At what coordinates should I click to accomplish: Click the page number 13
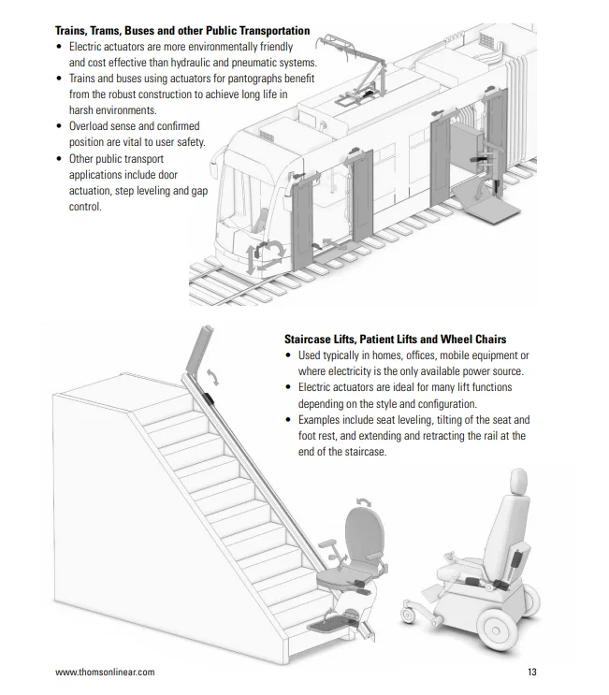point(532,672)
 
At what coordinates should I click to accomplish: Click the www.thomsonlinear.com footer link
point(105,672)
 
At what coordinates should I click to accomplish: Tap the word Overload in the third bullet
point(88,126)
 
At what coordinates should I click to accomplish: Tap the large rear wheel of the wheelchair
point(499,630)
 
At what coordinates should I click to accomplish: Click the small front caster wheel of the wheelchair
point(408,615)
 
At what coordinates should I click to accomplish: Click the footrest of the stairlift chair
point(331,623)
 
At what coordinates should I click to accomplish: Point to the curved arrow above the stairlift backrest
point(364,501)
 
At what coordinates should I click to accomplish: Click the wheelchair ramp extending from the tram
point(486,206)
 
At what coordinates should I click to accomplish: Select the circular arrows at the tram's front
point(266,256)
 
